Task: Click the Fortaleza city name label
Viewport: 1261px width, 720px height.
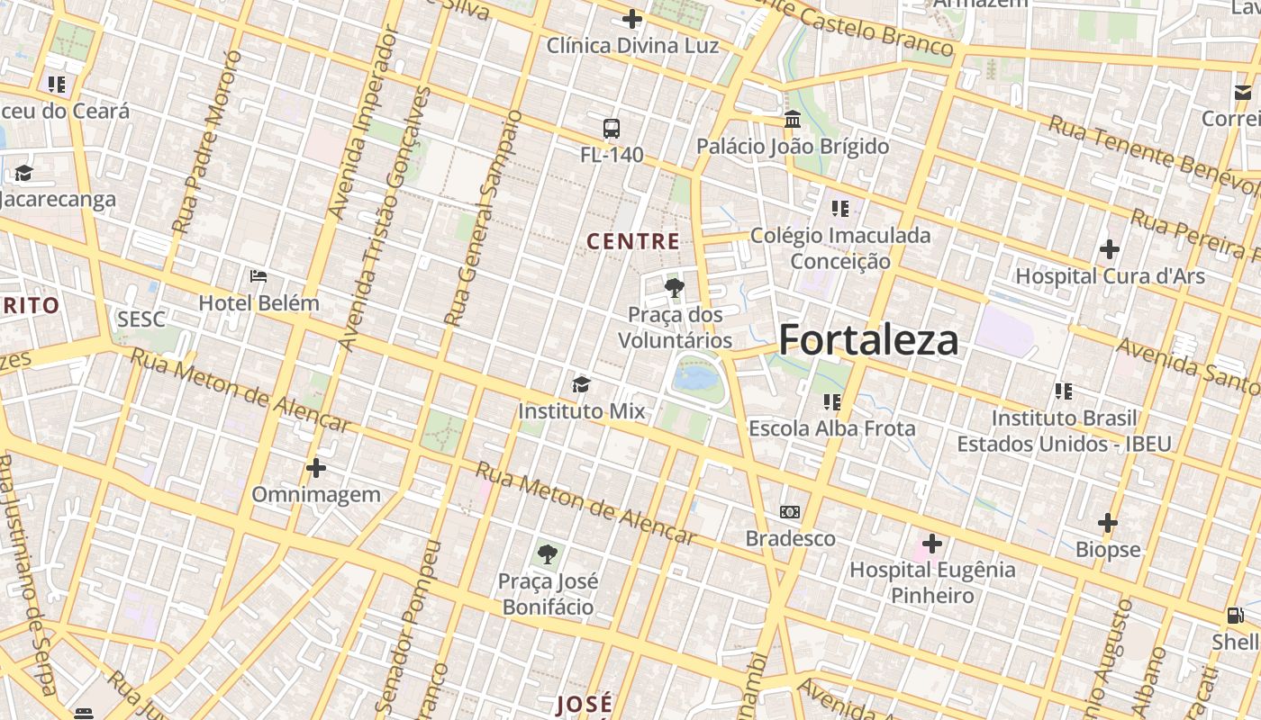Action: tap(868, 340)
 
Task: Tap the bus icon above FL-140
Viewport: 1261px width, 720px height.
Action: tap(612, 129)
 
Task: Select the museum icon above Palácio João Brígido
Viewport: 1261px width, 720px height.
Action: tap(793, 119)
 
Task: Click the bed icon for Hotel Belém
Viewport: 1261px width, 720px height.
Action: tap(259, 275)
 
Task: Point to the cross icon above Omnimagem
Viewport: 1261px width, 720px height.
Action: tap(315, 468)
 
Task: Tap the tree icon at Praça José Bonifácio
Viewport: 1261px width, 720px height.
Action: tap(547, 554)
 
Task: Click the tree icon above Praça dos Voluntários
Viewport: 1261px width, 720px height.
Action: tap(674, 288)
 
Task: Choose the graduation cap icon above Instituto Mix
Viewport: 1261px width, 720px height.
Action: tap(581, 385)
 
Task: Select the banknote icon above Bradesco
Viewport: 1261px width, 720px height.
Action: tap(790, 512)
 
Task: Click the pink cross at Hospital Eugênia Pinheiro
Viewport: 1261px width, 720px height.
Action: tap(932, 544)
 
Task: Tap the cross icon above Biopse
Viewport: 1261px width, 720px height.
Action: tap(1108, 523)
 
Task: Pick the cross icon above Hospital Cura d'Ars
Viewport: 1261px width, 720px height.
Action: tap(1110, 249)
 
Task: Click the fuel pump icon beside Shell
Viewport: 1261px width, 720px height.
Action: tap(1235, 616)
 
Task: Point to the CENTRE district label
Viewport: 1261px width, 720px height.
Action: tap(633, 241)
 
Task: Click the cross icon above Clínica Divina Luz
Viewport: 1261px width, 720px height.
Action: tap(632, 19)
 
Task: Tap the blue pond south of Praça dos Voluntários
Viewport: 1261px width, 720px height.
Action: tap(695, 376)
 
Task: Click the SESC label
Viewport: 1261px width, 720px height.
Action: tap(141, 319)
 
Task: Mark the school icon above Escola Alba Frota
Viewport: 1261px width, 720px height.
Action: tap(831, 401)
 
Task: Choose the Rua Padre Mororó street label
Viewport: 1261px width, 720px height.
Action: tap(206, 142)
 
